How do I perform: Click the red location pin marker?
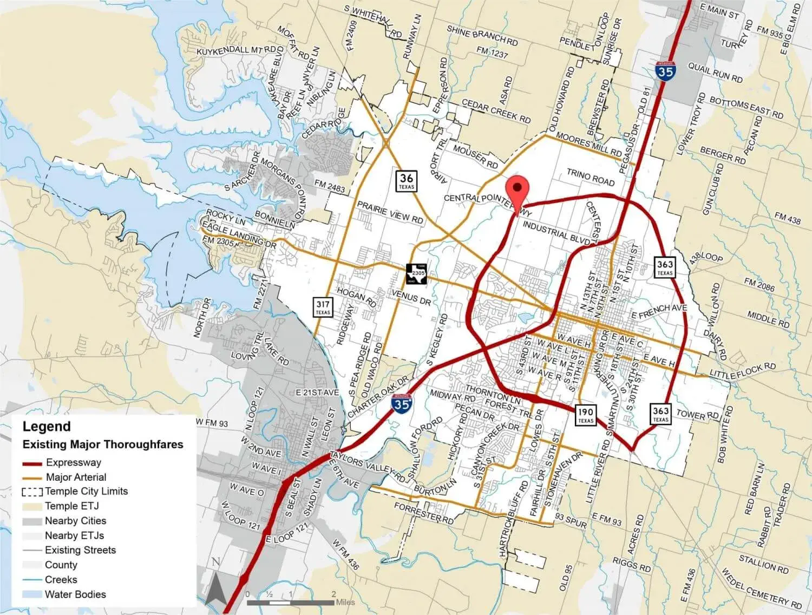click(x=518, y=190)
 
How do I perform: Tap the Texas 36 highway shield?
click(x=407, y=180)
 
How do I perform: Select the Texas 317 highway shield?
click(x=323, y=307)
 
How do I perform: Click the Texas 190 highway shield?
click(x=585, y=415)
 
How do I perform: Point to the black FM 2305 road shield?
click(x=417, y=273)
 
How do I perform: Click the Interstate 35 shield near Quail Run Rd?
click(x=665, y=71)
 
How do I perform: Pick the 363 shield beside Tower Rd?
click(x=660, y=414)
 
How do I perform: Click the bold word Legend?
click(x=47, y=427)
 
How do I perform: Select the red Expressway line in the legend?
click(x=32, y=463)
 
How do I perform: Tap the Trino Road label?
click(x=591, y=177)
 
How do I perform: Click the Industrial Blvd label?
click(x=556, y=232)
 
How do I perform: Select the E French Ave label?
click(x=659, y=311)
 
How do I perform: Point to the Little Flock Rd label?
click(x=743, y=371)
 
